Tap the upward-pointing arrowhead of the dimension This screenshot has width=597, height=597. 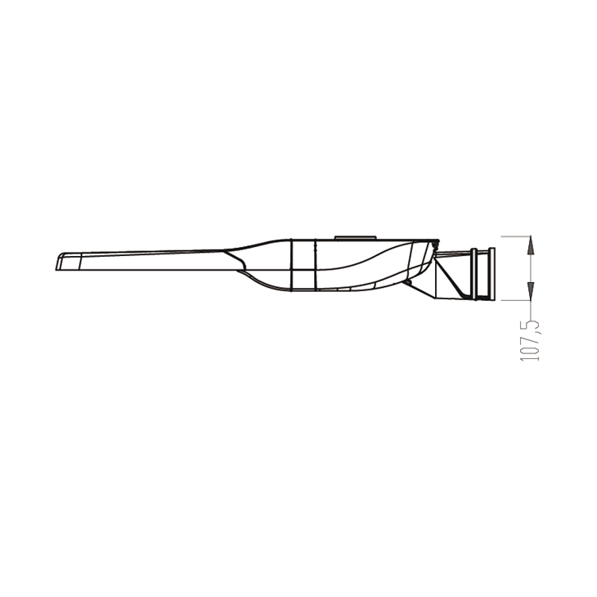pyautogui.click(x=531, y=242)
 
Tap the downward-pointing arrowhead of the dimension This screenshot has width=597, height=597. pyautogui.click(x=531, y=293)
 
